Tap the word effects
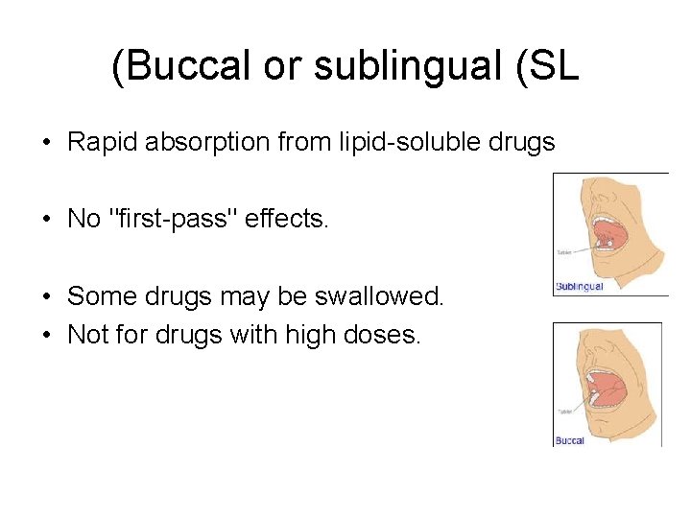[x=287, y=219]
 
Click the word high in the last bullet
[x=289, y=336]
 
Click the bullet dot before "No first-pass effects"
[x=46, y=220]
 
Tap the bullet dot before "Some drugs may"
[x=46, y=296]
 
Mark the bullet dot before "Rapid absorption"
[x=46, y=144]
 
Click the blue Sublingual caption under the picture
[x=580, y=287]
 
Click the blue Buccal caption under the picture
[x=570, y=440]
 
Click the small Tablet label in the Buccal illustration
[x=564, y=411]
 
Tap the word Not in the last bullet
[x=85, y=336]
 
